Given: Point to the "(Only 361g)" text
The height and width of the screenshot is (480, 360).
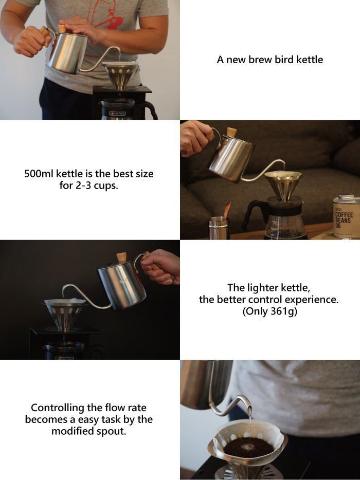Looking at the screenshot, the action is tap(270, 311).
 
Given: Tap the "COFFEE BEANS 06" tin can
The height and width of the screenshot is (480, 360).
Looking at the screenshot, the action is tap(347, 216).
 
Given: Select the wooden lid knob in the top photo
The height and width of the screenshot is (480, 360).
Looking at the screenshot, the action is tap(62, 28).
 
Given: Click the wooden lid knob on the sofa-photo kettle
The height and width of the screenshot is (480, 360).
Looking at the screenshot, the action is tap(232, 132).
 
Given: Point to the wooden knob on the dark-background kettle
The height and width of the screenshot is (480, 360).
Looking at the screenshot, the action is tap(122, 257).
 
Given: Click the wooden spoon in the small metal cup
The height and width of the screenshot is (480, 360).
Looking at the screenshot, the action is tap(227, 211).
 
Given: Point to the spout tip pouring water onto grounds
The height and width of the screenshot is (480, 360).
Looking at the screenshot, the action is tap(250, 412).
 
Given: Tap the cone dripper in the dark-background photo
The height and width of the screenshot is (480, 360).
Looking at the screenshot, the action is tap(65, 315).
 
